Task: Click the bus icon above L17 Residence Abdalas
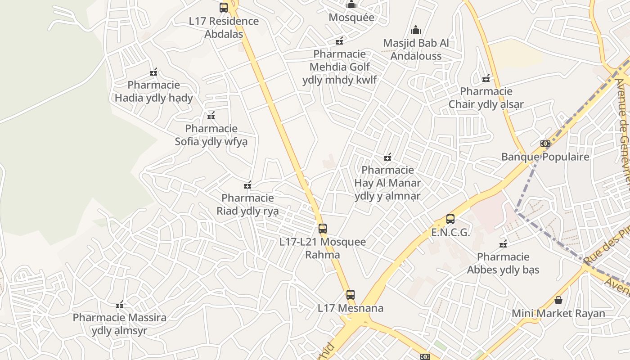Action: click(x=224, y=8)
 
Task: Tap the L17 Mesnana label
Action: click(x=351, y=308)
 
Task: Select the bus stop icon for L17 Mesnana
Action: click(x=351, y=295)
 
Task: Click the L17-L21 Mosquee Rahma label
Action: click(x=323, y=248)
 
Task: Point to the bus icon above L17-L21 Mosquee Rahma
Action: click(x=323, y=228)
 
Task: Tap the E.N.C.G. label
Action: click(x=450, y=233)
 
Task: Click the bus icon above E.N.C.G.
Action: click(x=450, y=219)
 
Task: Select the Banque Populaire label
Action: click(x=545, y=157)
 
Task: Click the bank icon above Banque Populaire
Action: click(x=545, y=144)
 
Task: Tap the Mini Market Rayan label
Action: click(x=558, y=313)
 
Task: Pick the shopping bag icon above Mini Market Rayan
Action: click(x=558, y=300)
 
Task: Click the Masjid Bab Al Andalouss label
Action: click(x=416, y=49)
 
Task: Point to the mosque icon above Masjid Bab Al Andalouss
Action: click(x=416, y=30)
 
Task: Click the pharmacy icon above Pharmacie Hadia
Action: click(x=153, y=72)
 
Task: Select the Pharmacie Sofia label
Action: click(x=211, y=135)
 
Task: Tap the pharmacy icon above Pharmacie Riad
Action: click(x=247, y=185)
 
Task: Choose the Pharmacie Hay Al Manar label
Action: click(x=387, y=183)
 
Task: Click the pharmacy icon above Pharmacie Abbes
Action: click(x=503, y=244)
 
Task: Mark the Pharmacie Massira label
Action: click(x=120, y=324)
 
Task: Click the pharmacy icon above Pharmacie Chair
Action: click(x=486, y=79)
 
